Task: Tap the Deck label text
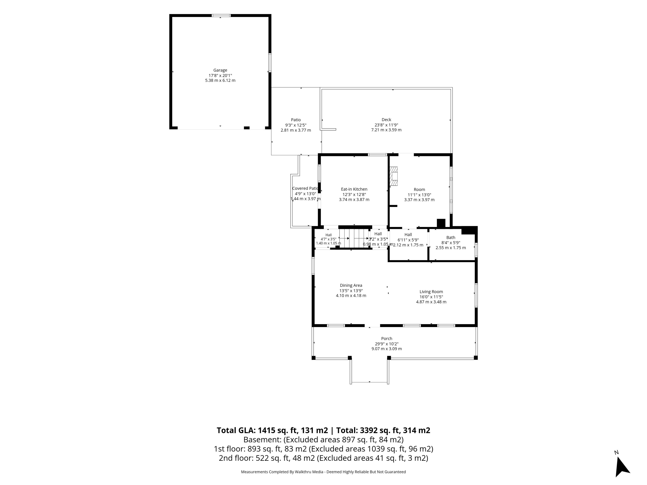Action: [x=386, y=120]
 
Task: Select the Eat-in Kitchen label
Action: [x=354, y=189]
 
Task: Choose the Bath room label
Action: [x=451, y=237]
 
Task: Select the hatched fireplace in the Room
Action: [x=394, y=176]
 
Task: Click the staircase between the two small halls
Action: [x=354, y=238]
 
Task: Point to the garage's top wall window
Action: [x=221, y=15]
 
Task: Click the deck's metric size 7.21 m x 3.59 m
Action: [x=386, y=130]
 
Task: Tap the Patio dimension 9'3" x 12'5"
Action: [x=296, y=125]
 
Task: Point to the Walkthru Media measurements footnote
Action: [x=323, y=472]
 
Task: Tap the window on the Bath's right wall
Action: [x=476, y=250]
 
